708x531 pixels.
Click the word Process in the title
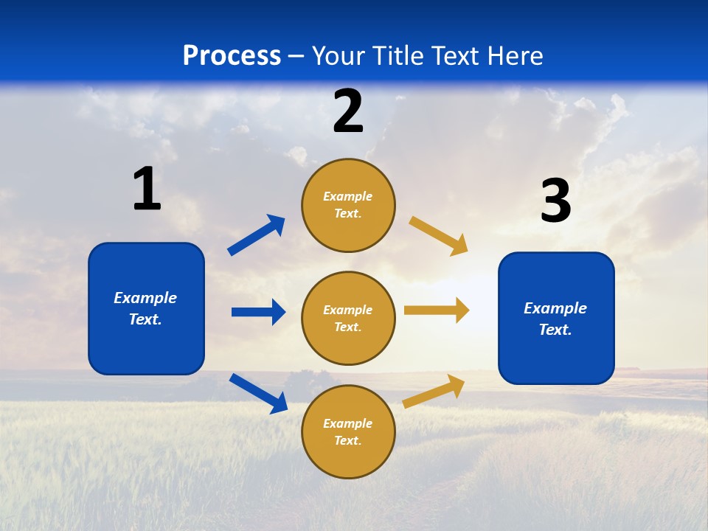coord(232,56)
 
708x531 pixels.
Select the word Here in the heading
coord(515,56)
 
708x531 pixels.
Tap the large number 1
coord(147,189)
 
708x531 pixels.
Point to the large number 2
coord(348,111)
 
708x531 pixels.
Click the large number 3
coord(555,201)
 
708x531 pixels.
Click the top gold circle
coord(348,205)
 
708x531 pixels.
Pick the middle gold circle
coord(348,318)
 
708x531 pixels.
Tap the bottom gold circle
coord(348,431)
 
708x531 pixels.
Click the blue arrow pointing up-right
coord(257,235)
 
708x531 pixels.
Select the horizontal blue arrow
coord(258,312)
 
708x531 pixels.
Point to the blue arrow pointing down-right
coord(258,393)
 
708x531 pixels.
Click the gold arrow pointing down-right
coord(439,236)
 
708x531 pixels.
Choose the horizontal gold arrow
coord(437,310)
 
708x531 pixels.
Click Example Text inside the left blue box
coord(145,308)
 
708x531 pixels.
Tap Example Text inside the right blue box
coord(555,319)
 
